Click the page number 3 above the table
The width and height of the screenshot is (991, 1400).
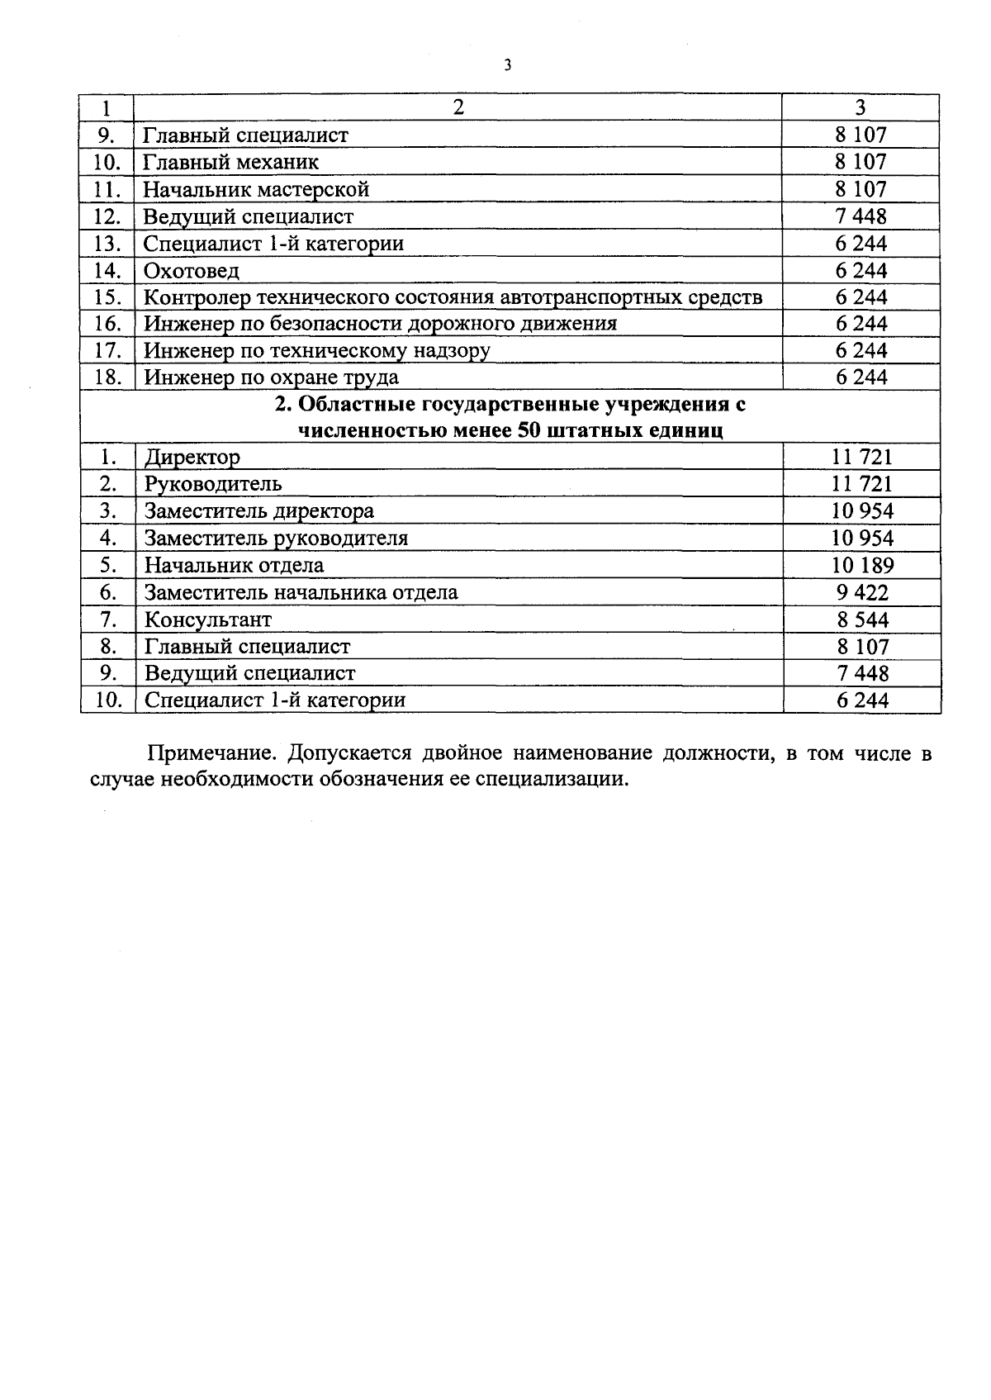click(x=507, y=65)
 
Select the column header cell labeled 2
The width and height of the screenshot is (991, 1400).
click(x=458, y=107)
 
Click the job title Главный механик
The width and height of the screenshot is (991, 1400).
click(x=230, y=162)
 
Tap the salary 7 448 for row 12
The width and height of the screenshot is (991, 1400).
click(x=861, y=216)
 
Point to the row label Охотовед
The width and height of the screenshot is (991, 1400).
click(x=192, y=271)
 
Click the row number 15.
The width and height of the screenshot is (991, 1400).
click(x=107, y=297)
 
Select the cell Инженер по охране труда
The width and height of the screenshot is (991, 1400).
click(x=271, y=377)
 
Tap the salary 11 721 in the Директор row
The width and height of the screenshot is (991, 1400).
click(x=861, y=457)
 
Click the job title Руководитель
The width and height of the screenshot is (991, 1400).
click(x=213, y=484)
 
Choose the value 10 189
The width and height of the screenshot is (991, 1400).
click(x=862, y=566)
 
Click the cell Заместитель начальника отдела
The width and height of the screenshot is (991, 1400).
click(x=301, y=592)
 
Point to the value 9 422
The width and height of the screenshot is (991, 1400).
click(x=862, y=592)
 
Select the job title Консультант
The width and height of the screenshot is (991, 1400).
click(x=207, y=619)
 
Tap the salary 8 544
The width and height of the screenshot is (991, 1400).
click(x=862, y=619)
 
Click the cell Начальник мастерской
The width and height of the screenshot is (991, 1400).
click(x=256, y=189)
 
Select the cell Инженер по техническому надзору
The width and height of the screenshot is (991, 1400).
click(x=317, y=350)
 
